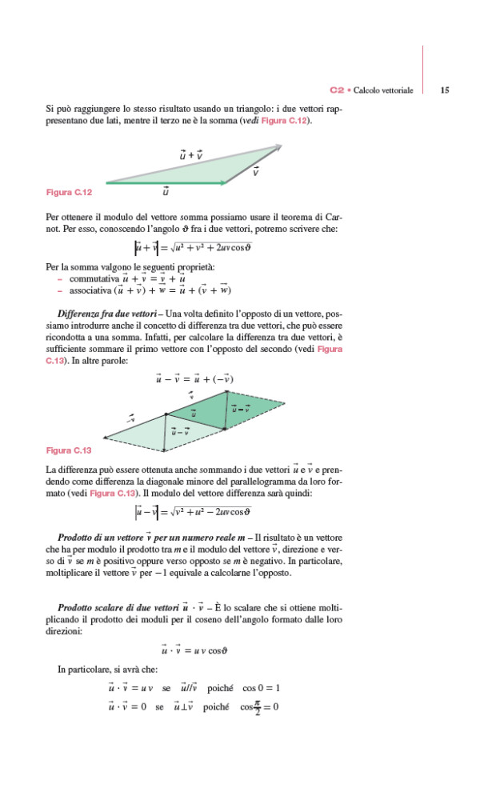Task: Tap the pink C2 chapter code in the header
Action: [x=337, y=92]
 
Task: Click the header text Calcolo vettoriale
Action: [x=383, y=92]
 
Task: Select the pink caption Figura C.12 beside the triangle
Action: [x=70, y=193]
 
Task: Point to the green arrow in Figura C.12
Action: [x=164, y=183]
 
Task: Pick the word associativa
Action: [x=89, y=290]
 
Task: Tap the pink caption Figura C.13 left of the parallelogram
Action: [x=70, y=450]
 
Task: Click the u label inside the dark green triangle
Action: [x=193, y=413]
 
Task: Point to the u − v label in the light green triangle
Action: [x=182, y=432]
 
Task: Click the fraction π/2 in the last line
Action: [x=258, y=706]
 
